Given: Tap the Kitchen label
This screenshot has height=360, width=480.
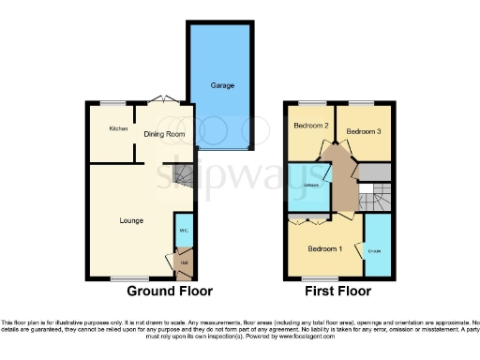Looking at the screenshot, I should [x=117, y=128].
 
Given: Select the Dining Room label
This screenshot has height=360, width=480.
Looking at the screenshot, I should [x=164, y=134].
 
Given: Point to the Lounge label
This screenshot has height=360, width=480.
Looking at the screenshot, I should [x=131, y=221].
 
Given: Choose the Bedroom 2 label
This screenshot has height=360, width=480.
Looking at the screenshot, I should [x=310, y=127].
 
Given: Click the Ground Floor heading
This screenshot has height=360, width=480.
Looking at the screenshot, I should [x=170, y=292].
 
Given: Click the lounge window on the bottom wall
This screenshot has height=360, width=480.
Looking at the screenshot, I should [x=122, y=278].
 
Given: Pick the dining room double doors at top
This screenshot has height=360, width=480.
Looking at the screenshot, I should [x=161, y=100].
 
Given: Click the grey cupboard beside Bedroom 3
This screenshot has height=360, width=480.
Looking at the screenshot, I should [x=375, y=172].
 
